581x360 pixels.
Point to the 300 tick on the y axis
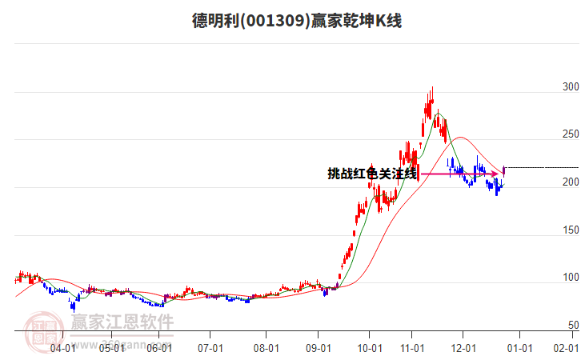pyautogui.click(x=571, y=86)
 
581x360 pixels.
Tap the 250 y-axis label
pyautogui.click(x=571, y=134)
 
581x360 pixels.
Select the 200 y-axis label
pyautogui.click(x=571, y=182)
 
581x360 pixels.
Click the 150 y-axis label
pyautogui.click(x=571, y=230)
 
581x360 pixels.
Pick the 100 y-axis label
pyautogui.click(x=571, y=278)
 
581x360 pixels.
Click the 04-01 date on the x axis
pyautogui.click(x=62, y=348)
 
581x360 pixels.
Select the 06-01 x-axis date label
pyautogui.click(x=161, y=348)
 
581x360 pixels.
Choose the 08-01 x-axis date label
pyautogui.click(x=266, y=348)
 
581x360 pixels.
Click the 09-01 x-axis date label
pyautogui.click(x=319, y=348)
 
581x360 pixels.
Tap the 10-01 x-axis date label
pyautogui.click(x=369, y=348)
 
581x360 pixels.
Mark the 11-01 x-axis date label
pyautogui.click(x=412, y=348)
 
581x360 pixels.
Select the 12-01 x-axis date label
pyautogui.click(x=464, y=348)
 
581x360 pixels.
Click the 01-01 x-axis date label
pyautogui.click(x=519, y=348)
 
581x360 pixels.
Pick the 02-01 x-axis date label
pyautogui.click(x=567, y=348)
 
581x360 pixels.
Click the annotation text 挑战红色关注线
pyautogui.click(x=372, y=174)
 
